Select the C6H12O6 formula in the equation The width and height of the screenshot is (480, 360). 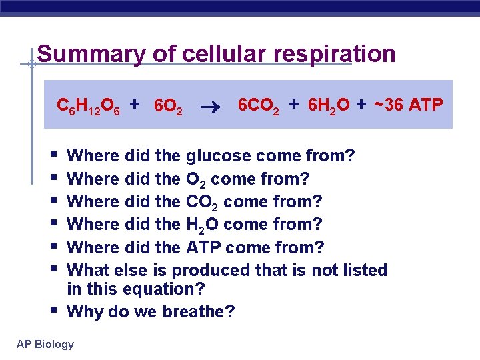point(88,105)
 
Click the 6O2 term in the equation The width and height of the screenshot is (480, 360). point(168,106)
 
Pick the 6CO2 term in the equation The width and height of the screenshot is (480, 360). point(260,105)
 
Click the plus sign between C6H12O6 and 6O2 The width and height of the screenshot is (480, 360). point(135,104)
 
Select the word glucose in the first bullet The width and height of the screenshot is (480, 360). point(218,156)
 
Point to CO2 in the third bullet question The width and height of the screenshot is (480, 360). point(200,201)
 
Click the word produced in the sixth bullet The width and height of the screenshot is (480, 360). point(212,270)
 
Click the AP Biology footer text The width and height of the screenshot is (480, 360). point(45,344)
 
